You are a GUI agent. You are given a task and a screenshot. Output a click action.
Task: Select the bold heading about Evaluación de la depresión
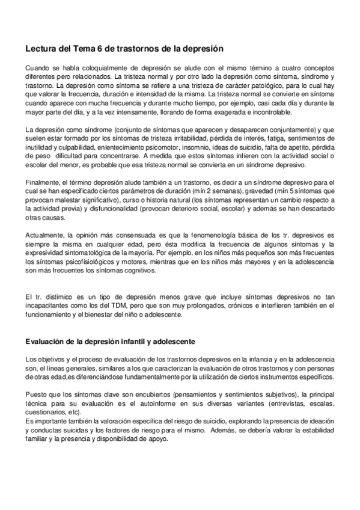[102, 342]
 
